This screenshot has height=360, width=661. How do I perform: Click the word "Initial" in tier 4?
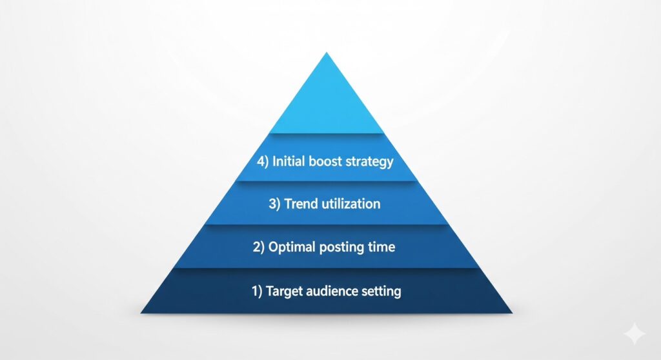tap(289, 161)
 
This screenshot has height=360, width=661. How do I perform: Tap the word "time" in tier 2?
tap(381, 246)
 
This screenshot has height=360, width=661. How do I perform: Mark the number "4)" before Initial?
tap(263, 161)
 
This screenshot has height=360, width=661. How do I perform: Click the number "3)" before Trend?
tap(274, 204)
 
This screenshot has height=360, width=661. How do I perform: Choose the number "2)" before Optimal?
tap(258, 247)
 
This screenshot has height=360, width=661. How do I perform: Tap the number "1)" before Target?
tap(257, 291)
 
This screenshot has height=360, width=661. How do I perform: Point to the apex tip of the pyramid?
tap(327, 52)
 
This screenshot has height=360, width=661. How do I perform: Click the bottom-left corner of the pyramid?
tap(140, 313)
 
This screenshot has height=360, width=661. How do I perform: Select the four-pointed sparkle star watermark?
tap(635, 334)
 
